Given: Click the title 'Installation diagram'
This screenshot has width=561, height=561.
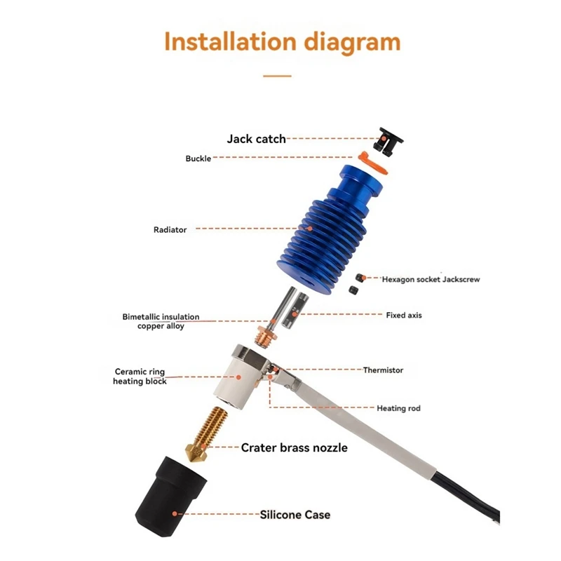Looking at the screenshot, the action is [x=283, y=43].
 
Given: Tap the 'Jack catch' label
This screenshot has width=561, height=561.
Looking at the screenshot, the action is [x=256, y=139].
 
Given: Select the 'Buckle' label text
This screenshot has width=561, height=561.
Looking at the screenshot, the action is [x=198, y=158].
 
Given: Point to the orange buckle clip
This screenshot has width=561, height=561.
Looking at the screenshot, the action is [x=372, y=163].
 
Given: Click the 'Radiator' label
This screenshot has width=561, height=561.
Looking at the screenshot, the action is [x=170, y=230].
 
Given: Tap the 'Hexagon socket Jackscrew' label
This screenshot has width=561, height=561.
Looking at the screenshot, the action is [x=431, y=279].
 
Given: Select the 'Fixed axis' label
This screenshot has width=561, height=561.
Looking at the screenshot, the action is [x=404, y=315].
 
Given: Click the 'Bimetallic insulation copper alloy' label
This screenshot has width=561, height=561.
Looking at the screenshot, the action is [x=161, y=321].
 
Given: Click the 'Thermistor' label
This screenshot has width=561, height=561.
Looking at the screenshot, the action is [x=383, y=370].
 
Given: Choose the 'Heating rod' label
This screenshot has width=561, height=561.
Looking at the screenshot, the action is [x=398, y=408].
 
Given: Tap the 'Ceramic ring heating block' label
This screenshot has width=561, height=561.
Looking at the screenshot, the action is [x=140, y=377].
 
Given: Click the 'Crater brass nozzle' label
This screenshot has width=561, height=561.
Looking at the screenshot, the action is [x=294, y=447].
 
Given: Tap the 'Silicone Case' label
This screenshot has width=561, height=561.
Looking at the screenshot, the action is [x=295, y=515].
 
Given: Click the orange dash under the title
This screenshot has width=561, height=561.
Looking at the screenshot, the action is [x=277, y=76].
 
